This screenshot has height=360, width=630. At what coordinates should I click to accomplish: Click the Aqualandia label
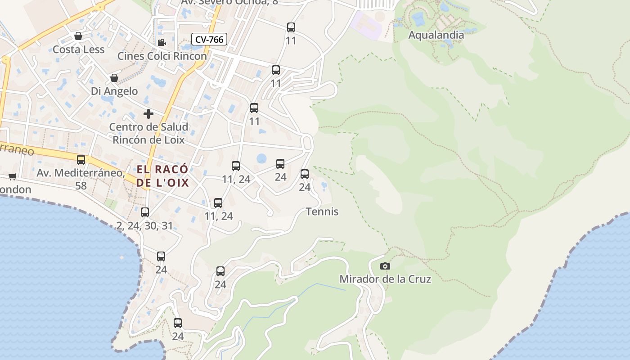click(436, 35)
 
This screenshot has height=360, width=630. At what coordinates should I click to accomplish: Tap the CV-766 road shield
click(209, 40)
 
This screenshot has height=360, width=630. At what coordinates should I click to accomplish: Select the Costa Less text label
click(79, 49)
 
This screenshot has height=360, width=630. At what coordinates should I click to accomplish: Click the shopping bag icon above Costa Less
click(78, 36)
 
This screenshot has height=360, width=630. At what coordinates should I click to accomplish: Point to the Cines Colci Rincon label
click(162, 56)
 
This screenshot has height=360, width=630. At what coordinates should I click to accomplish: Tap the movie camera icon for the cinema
click(162, 43)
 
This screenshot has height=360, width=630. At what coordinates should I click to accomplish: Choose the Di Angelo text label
click(114, 91)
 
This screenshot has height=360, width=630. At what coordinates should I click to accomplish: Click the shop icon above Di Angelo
click(114, 78)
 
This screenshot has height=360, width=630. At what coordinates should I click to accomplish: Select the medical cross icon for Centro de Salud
click(148, 114)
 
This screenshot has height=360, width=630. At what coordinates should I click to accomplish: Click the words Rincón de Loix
click(148, 140)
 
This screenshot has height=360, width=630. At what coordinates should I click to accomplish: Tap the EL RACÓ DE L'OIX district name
click(162, 176)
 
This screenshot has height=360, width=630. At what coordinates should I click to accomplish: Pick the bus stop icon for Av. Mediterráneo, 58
click(81, 160)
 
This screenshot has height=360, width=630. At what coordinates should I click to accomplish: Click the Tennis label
click(322, 211)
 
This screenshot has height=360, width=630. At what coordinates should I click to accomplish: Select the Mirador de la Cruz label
click(385, 279)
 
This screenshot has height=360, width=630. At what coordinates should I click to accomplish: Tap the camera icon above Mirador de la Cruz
click(385, 266)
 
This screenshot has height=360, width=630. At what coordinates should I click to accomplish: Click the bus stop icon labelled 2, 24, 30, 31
click(145, 212)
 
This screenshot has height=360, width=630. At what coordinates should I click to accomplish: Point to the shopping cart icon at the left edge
click(12, 176)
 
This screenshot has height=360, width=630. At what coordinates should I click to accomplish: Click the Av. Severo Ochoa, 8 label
click(229, 2)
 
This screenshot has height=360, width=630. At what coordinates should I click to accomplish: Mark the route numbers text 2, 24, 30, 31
click(144, 226)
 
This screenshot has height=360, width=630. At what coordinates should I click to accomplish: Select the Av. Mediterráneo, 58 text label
click(81, 179)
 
